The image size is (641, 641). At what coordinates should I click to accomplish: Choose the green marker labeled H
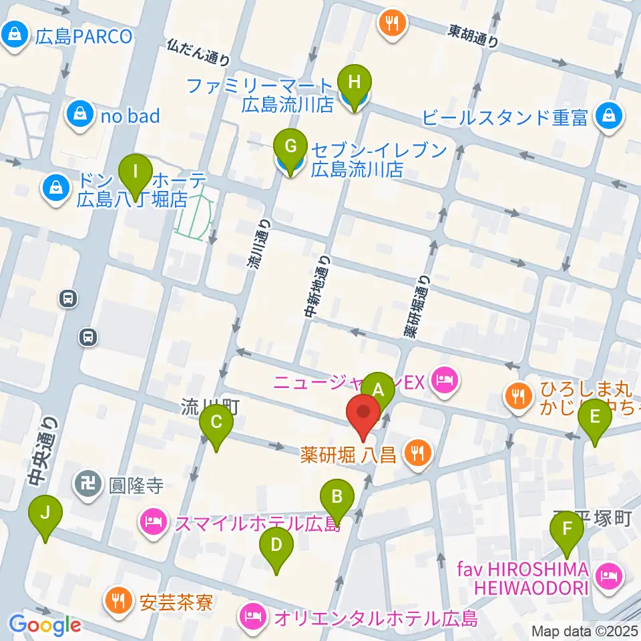pos(354,83)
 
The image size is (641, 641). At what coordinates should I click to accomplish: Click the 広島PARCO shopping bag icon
pos(14,35)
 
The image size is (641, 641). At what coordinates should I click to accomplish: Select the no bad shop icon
pos(79,116)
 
